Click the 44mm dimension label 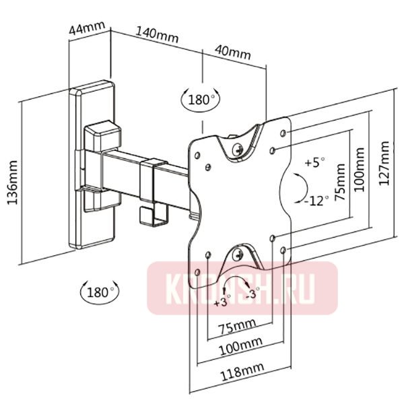click(88, 30)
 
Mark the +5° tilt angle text click(314, 163)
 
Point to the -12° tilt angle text click(315, 201)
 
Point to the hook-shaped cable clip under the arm click(147, 215)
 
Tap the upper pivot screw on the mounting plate click(237, 148)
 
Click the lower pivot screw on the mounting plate click(238, 255)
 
